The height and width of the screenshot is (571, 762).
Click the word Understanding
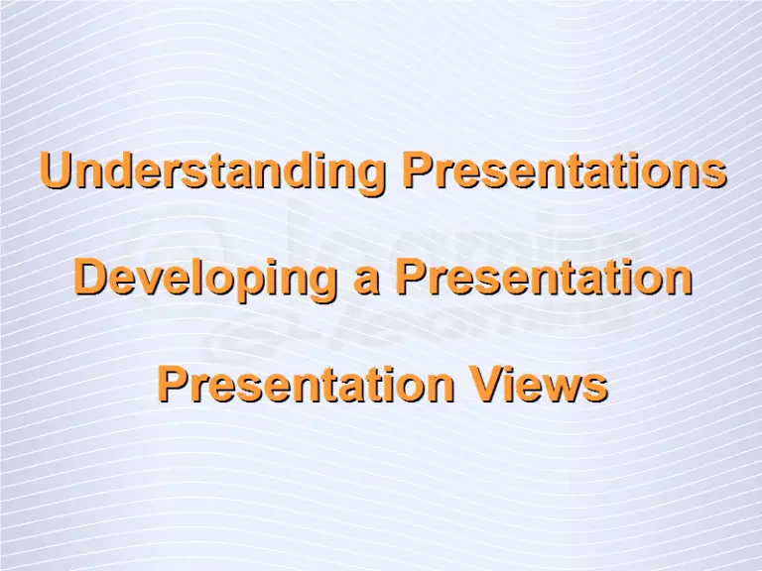pos(212,171)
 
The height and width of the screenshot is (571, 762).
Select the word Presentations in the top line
pos(564,171)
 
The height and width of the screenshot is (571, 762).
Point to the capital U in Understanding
pos(55,171)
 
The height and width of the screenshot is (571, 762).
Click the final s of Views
pos(595,387)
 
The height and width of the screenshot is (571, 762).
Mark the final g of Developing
pos(317,284)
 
